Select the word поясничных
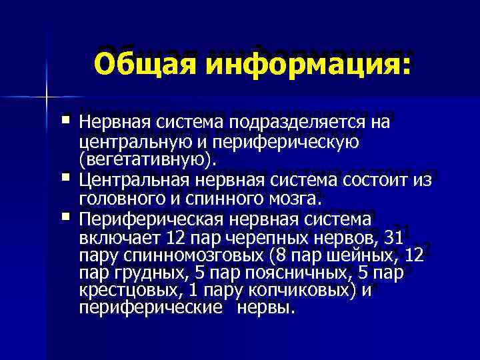296,273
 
